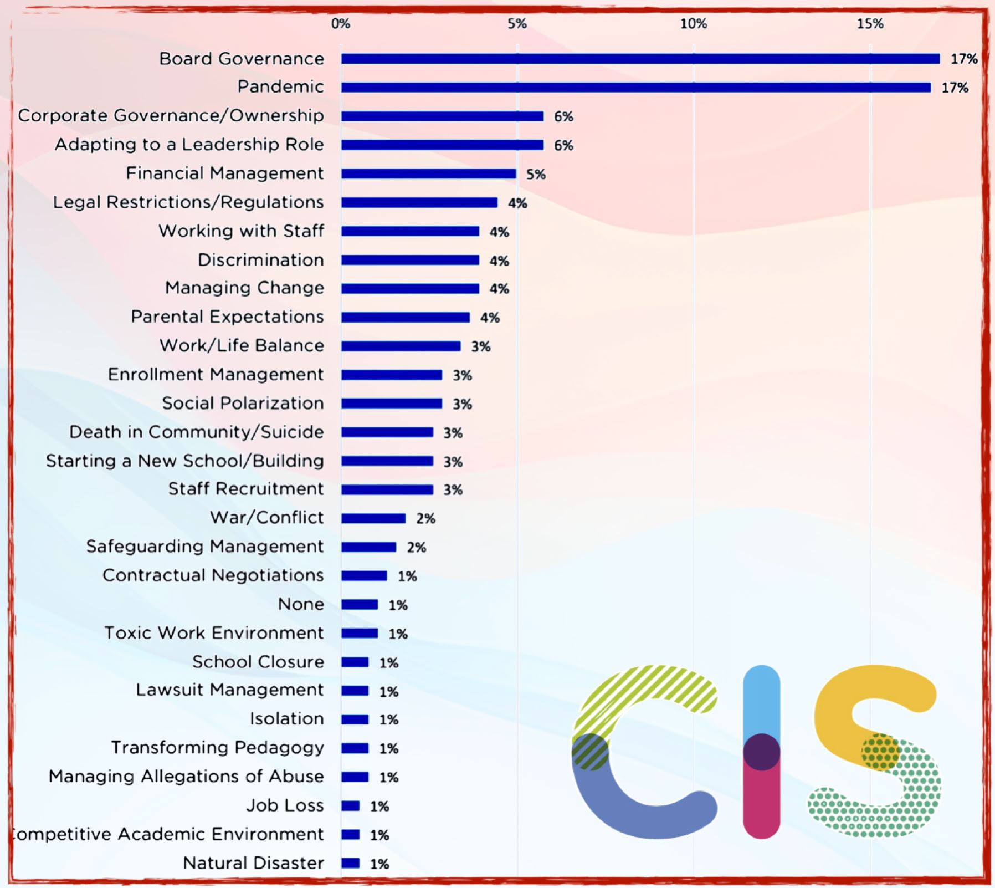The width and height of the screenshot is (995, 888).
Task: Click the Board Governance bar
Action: pyautogui.click(x=640, y=59)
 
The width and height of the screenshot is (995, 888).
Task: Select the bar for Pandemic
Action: pyautogui.click(x=635, y=88)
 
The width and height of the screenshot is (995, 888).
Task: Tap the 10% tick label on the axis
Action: pyautogui.click(x=694, y=24)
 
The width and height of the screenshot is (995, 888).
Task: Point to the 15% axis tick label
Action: pyautogui.click(x=870, y=24)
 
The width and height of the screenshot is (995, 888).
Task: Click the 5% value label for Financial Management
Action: pyautogui.click(x=536, y=175)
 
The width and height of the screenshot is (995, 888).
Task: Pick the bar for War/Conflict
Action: pyautogui.click(x=373, y=518)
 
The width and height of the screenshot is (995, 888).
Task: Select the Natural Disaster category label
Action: pyautogui.click(x=253, y=863)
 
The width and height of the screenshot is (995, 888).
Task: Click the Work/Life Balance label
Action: pyautogui.click(x=242, y=345)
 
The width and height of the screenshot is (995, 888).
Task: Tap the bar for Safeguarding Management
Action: pyautogui.click(x=368, y=547)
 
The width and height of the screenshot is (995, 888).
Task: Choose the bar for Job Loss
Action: pyautogui.click(x=350, y=806)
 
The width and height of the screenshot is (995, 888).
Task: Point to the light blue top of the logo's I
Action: pyautogui.click(x=761, y=698)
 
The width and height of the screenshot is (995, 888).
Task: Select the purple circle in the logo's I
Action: pyautogui.click(x=761, y=752)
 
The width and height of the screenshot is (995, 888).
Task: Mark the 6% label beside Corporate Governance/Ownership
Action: pyautogui.click(x=563, y=116)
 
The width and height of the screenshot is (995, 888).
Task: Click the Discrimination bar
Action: pyautogui.click(x=410, y=260)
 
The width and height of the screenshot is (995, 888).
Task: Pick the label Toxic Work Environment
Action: pyautogui.click(x=214, y=633)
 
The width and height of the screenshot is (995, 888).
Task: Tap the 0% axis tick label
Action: pyautogui.click(x=340, y=24)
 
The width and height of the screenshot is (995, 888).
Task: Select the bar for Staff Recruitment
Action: pyautogui.click(x=387, y=489)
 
